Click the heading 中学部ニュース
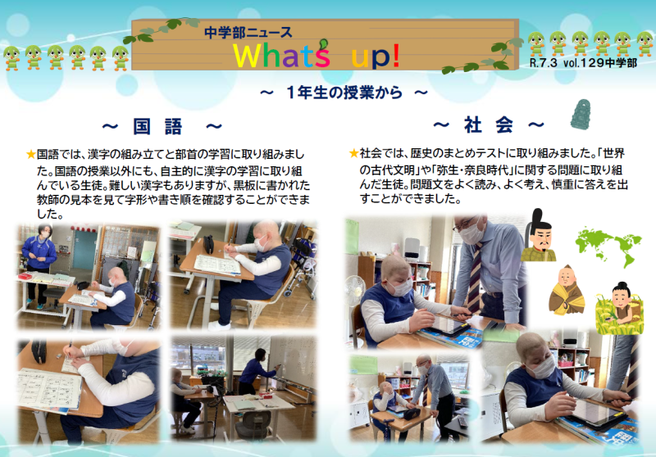coord(248,32)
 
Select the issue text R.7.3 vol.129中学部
coord(583,63)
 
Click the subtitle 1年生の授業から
coord(344,93)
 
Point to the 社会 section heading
coord(488,124)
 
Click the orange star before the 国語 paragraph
coord(30,155)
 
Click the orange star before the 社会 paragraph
coord(353,153)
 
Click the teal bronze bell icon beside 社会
coord(581,114)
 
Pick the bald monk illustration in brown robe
coord(567,290)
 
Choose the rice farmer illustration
coord(619,309)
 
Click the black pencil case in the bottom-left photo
coord(39,351)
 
